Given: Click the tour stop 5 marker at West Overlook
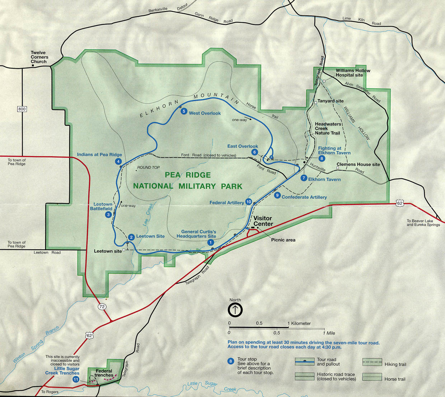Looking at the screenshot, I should pos(184,111).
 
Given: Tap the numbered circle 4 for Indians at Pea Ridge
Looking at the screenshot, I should pos(118,161).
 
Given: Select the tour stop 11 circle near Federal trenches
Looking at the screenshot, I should pos(76,379).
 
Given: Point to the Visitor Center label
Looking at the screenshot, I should pos(263,221).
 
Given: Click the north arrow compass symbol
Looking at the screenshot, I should pos(235,309).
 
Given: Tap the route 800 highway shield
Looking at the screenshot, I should pos(22,109).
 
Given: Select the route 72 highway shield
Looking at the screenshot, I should pos(102,306).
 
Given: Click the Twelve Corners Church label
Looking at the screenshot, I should pos(39,57).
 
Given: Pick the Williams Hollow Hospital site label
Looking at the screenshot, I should pos(352,73).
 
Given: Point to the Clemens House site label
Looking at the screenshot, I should pos(358,165).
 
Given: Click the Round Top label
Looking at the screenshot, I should pos(148,167).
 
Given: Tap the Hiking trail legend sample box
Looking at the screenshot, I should pos(372,362).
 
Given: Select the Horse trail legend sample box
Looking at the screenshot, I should pos(372,377).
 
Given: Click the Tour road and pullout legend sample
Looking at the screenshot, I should pos(304,361).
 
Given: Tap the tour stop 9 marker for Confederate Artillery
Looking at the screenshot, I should pos(277,195).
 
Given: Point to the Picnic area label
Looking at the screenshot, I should pos(283,240).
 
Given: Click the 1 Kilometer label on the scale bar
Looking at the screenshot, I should pos(300,323).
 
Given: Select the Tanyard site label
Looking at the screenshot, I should pos(330,101).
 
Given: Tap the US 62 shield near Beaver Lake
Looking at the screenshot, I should pos(400,203).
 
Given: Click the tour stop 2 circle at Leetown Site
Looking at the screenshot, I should pos(131,237).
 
